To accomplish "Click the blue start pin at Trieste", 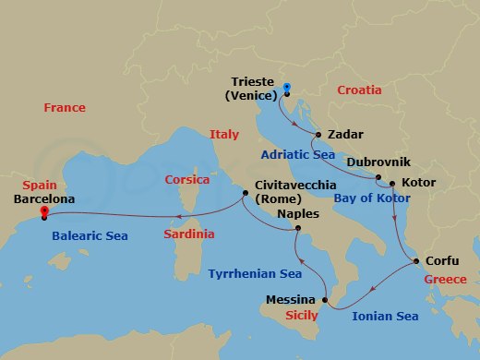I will click(286, 89).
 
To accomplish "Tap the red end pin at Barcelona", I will click(42, 211).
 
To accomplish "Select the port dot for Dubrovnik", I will click(378, 175).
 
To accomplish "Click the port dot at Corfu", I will click(415, 261).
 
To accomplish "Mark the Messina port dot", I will click(326, 300).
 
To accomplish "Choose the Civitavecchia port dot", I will click(245, 194).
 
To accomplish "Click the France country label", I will click(65, 109).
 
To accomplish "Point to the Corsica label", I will click(187, 180).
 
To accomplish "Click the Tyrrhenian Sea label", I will click(256, 274).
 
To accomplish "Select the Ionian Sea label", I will click(385, 317).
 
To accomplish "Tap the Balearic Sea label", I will click(90, 236).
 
